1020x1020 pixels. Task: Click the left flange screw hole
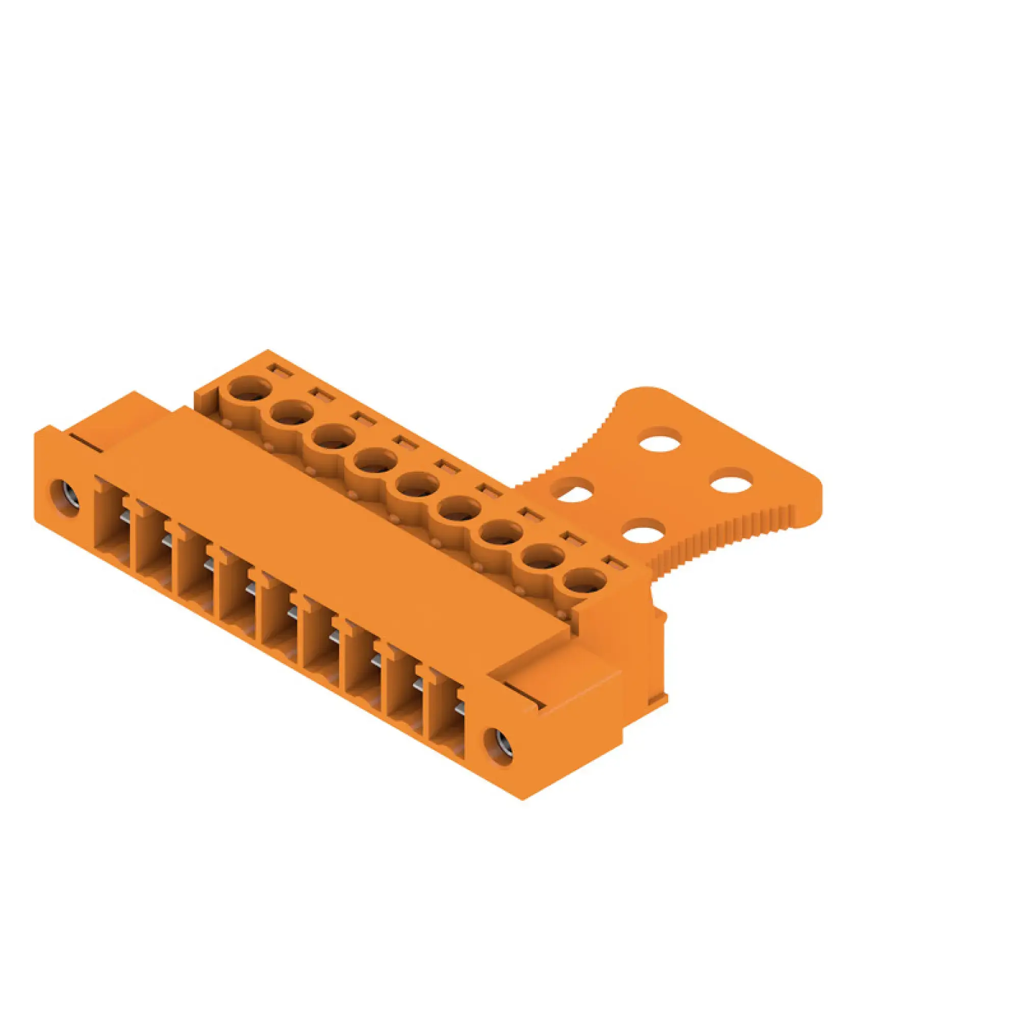click(65, 497)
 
